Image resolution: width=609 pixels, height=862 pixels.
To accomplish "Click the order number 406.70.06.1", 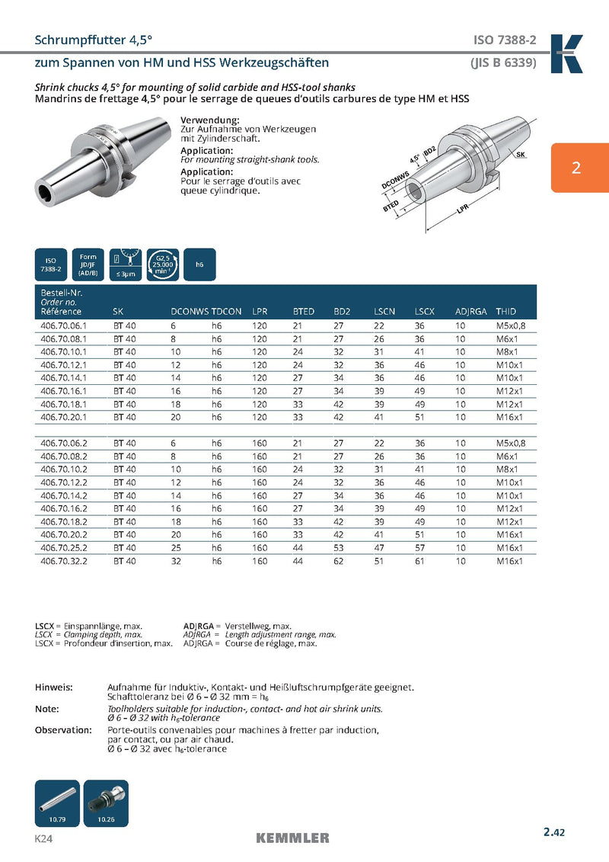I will coord(63,325).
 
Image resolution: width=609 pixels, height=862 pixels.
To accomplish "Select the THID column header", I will coord(505,312).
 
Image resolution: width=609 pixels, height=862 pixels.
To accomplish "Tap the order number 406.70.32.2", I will coord(63,561).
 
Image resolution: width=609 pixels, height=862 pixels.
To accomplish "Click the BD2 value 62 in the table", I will coord(339,561).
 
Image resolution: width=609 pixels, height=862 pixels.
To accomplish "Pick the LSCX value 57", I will coord(419,548).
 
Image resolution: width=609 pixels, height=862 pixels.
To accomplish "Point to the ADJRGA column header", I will coord(470,312).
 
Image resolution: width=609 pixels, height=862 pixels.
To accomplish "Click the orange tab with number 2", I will coord(576,168).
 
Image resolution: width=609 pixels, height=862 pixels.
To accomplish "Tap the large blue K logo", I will coord(566,53).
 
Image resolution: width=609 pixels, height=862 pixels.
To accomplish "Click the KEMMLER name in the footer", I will coord(293,838).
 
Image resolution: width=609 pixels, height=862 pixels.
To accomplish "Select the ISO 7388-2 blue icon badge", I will coord(50,264).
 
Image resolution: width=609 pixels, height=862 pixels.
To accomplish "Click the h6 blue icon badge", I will coord(199,264).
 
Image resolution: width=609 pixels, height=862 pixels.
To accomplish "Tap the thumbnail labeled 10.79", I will coord(57,803).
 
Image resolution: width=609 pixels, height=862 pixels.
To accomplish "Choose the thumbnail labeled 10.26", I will coord(106,803).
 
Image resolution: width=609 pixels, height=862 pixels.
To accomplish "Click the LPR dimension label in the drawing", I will coord(461,212).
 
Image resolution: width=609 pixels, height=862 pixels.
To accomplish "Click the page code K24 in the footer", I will coord(43,838).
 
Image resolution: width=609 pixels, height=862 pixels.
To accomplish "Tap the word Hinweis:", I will coord(54,687).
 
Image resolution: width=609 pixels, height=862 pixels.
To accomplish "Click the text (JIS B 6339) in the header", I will coord(503,62).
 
